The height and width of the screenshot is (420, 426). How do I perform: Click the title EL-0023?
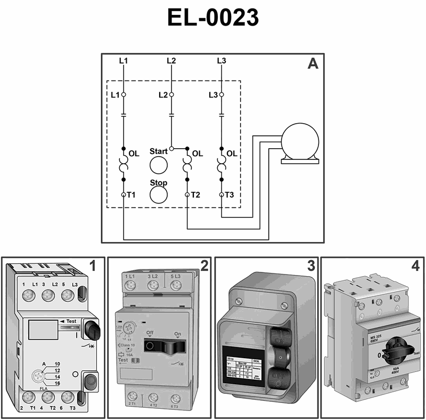pyautogui.click(x=213, y=18)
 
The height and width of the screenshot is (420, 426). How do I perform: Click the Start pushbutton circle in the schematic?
pyautogui.click(x=158, y=166)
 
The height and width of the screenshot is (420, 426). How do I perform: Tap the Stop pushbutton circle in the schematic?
pyautogui.click(x=158, y=196)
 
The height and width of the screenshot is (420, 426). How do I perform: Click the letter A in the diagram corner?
pyautogui.click(x=313, y=64)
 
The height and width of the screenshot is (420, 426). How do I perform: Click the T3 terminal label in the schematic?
pyautogui.click(x=230, y=195)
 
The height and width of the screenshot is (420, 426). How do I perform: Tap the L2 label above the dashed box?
pyautogui.click(x=171, y=61)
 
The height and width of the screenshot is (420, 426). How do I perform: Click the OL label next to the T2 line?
pyautogui.click(x=197, y=154)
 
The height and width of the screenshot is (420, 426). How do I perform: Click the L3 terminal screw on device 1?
pyautogui.click(x=67, y=295)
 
